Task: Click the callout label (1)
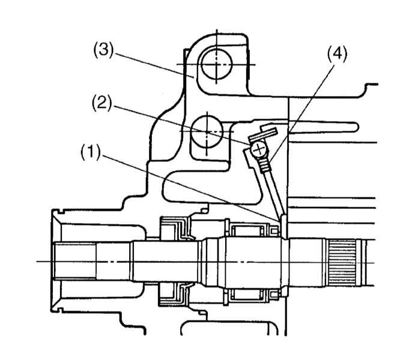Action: click(x=90, y=152)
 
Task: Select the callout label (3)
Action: click(x=103, y=49)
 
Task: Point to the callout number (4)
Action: click(x=337, y=55)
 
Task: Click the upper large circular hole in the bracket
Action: click(x=216, y=64)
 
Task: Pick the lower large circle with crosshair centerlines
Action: click(x=207, y=131)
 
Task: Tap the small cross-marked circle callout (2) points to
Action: click(x=259, y=149)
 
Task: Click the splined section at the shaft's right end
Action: click(x=342, y=263)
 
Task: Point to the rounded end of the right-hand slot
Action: click(x=356, y=127)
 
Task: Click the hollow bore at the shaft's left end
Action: click(x=75, y=261)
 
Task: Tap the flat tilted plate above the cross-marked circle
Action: click(x=263, y=134)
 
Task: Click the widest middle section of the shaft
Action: click(x=252, y=262)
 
